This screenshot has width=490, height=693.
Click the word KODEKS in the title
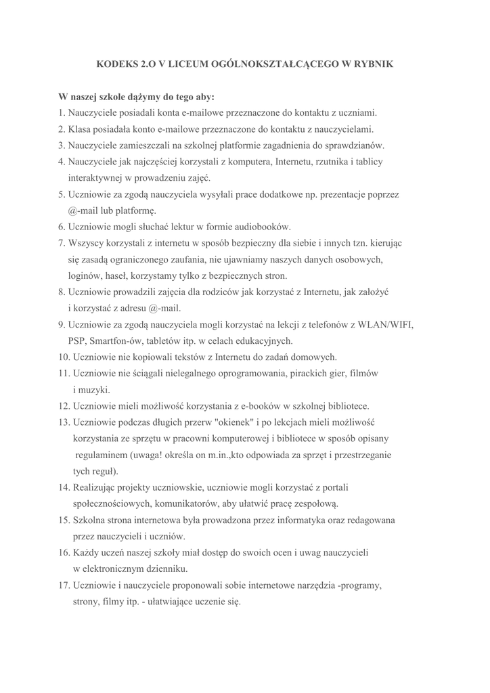(x=116, y=64)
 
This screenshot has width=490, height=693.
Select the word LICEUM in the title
(x=196, y=64)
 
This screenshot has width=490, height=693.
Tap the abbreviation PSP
(x=76, y=340)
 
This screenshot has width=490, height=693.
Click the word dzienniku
(x=166, y=569)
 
